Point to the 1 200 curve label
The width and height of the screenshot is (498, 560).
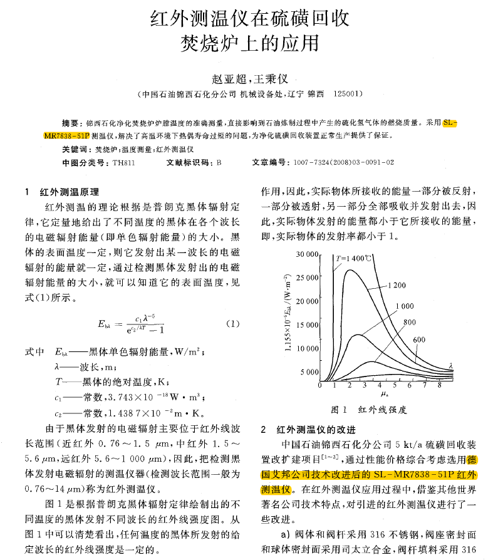point(397,285)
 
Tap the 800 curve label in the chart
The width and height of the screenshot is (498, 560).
point(410,322)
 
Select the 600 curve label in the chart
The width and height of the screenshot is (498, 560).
point(420,340)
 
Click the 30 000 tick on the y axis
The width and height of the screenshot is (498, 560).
point(308,255)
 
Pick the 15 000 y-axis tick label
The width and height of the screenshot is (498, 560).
point(308,324)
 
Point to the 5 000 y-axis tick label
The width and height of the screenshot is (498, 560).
point(310,371)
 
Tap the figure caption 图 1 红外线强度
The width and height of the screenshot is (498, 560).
point(369,410)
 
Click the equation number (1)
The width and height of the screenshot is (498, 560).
point(231,324)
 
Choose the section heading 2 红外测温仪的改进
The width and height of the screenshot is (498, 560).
point(308,430)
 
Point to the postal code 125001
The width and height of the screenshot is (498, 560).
point(348,95)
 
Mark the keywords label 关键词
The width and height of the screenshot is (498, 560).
point(76,149)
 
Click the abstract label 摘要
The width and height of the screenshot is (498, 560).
point(72,123)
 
